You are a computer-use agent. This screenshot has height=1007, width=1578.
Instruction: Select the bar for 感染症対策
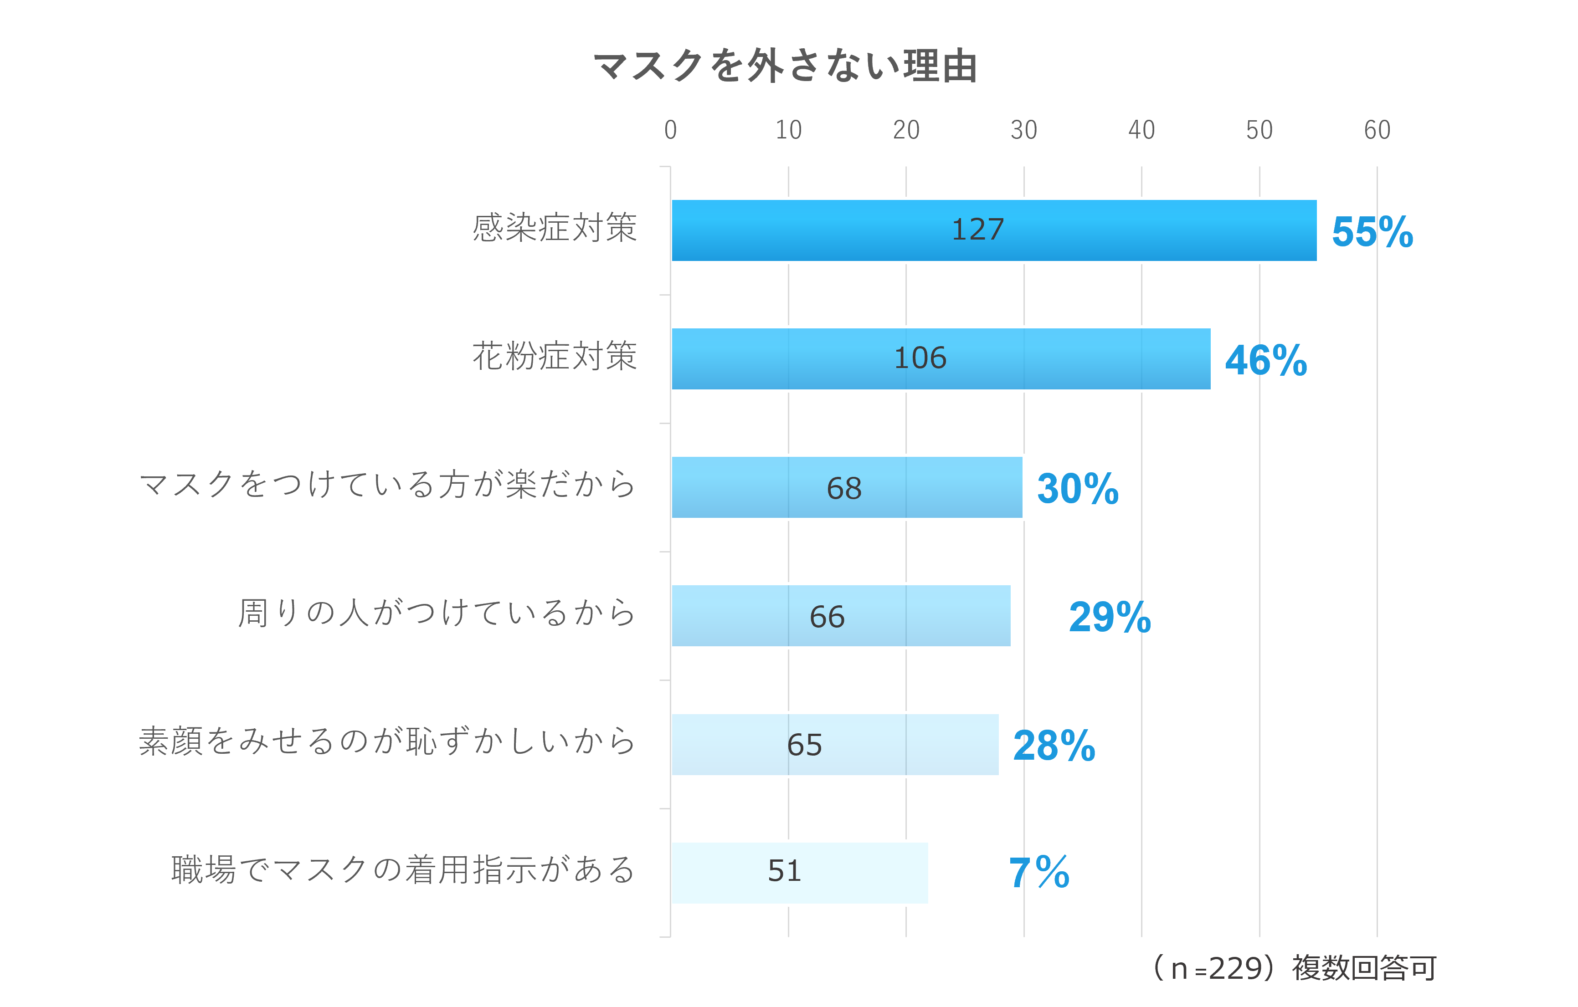(1114, 230)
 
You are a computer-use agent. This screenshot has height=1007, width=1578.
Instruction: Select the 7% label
(1038, 874)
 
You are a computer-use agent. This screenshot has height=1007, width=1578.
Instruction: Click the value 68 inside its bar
(843, 489)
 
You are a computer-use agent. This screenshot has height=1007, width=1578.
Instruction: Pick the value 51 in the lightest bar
(784, 871)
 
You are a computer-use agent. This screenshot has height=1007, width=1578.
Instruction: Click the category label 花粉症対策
(555, 357)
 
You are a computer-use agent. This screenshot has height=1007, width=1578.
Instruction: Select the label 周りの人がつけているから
(437, 614)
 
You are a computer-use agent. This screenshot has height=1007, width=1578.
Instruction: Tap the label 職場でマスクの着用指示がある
(403, 871)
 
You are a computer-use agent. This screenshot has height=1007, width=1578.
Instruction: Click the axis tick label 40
(1141, 130)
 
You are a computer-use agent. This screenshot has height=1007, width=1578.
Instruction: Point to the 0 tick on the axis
(670, 130)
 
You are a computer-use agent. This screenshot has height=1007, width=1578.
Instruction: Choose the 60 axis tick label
(1376, 130)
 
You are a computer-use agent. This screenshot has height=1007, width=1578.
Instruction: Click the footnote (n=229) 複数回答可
(1294, 968)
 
